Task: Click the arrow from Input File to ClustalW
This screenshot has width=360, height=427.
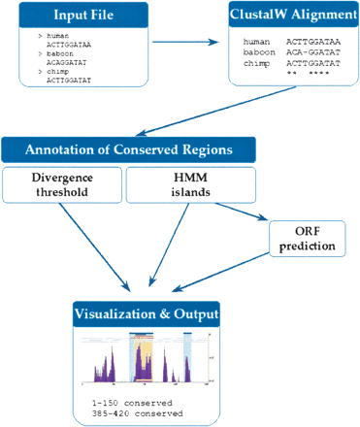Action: pyautogui.click(x=185, y=42)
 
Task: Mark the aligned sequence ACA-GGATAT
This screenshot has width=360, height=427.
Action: pyautogui.click(x=313, y=52)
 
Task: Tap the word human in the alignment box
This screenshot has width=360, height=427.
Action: pyautogui.click(x=257, y=42)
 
